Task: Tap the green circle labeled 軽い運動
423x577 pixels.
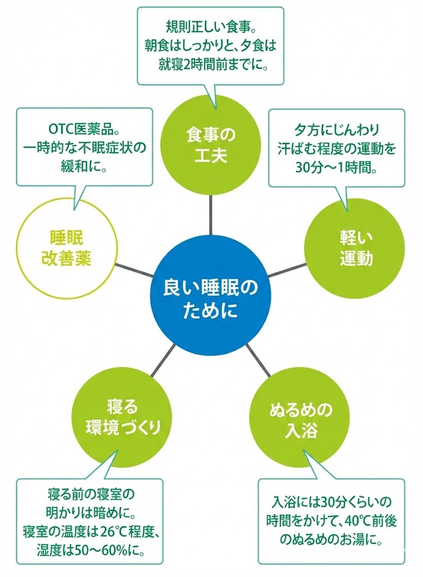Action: [355, 248]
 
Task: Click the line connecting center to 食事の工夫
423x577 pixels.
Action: [211, 216]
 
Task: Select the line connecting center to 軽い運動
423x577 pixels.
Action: [287, 271]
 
